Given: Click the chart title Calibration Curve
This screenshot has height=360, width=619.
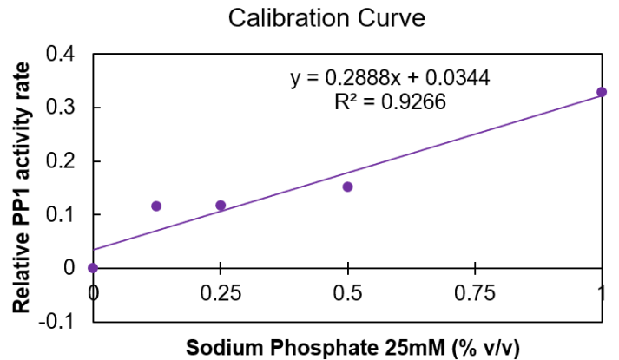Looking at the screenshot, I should [x=308, y=17].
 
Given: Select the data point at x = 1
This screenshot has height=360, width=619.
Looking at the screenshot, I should [x=602, y=92].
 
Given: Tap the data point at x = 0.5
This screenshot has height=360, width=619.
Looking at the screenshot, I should [x=347, y=187].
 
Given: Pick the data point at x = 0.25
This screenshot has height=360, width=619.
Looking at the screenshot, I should [x=221, y=206].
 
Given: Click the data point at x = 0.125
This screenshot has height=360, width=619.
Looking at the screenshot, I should [x=156, y=206].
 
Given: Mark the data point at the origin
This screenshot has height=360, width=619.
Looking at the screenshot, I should [x=93, y=267].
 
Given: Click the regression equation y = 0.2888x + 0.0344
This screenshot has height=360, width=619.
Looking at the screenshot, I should [x=390, y=78].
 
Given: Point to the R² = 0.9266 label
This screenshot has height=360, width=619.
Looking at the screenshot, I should [x=390, y=102].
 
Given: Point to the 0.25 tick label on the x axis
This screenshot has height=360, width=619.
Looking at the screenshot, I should [x=221, y=291].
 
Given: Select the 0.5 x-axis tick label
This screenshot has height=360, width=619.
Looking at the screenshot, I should [x=347, y=291].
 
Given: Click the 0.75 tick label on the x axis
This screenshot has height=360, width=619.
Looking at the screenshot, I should [x=475, y=291].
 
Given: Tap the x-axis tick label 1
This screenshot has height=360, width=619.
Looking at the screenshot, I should [x=602, y=291].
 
